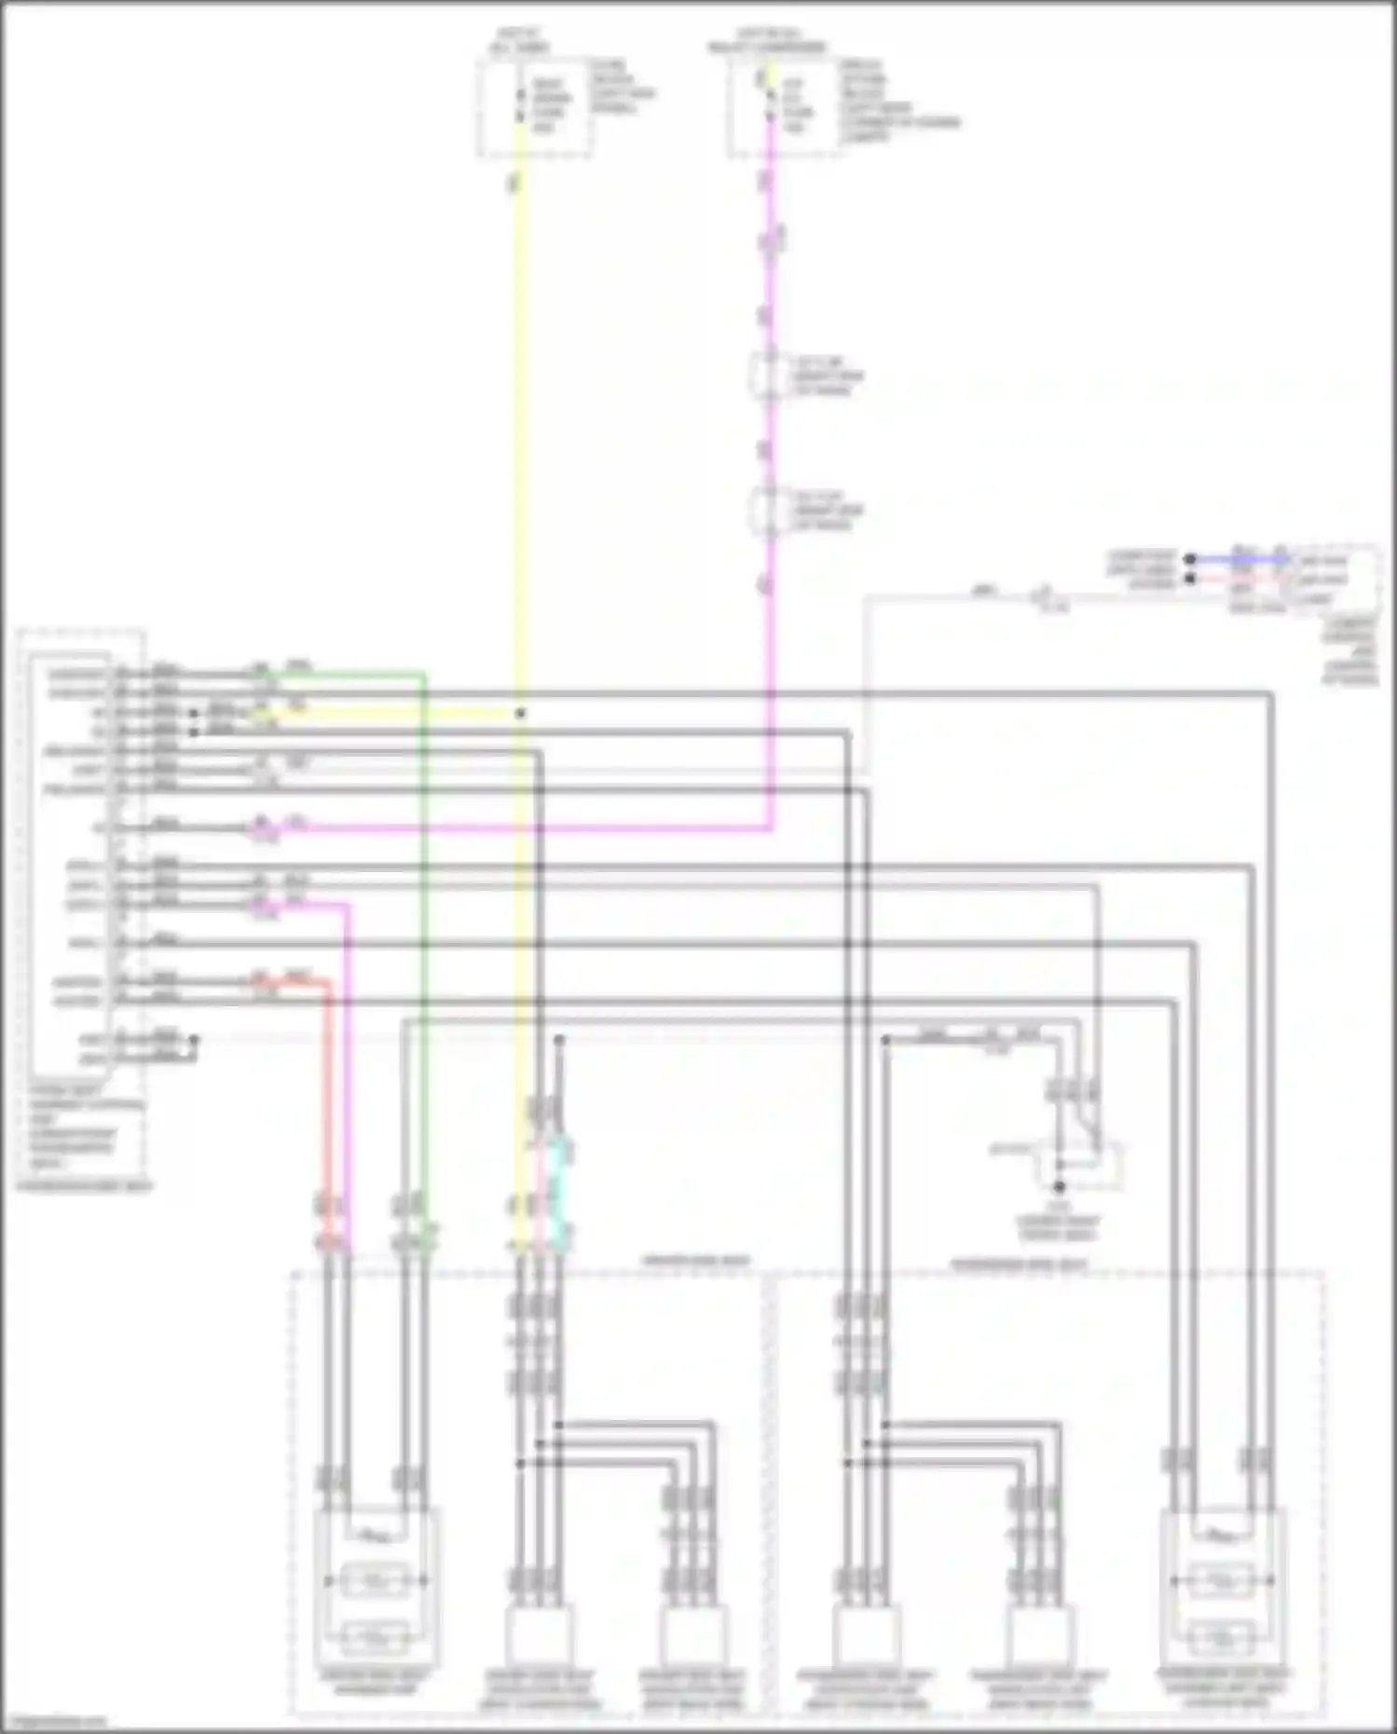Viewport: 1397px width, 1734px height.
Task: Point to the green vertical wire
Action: click(424, 932)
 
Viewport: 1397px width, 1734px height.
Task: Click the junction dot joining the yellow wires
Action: click(520, 714)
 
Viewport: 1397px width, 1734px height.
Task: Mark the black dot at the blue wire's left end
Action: click(1190, 560)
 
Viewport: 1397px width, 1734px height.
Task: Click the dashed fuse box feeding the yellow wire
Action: click(535, 107)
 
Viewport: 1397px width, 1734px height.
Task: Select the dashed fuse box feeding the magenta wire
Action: click(786, 107)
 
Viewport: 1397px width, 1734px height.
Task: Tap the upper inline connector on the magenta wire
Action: click(766, 375)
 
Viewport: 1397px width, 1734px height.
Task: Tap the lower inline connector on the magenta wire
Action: click(766, 511)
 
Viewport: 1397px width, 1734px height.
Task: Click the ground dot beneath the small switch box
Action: click(1059, 1187)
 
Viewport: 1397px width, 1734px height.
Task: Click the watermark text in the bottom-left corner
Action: click(54, 1721)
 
